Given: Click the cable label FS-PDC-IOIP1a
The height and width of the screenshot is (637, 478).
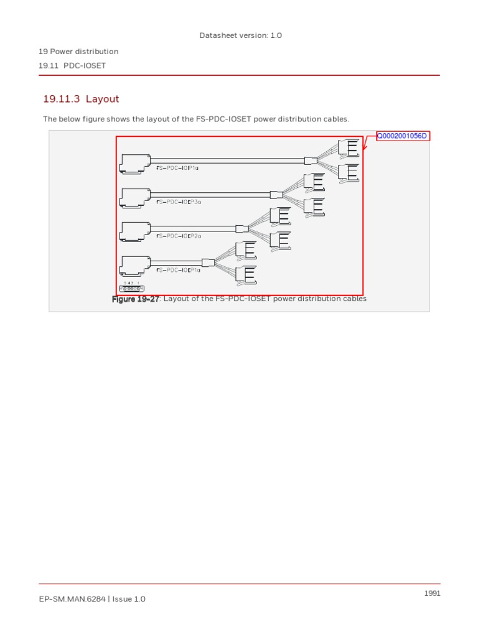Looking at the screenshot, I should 178,168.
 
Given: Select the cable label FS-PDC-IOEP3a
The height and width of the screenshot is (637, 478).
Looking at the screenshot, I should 179,202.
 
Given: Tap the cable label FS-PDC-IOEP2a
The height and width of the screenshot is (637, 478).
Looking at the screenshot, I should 179,236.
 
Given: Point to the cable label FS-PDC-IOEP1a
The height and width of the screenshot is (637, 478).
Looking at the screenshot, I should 179,270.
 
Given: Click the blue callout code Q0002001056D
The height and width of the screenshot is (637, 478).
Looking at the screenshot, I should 403,136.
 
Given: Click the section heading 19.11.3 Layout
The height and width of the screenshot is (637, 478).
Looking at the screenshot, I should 81,99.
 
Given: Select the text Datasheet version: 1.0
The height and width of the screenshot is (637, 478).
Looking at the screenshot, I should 240,35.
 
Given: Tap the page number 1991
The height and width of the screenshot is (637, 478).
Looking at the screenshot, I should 432,593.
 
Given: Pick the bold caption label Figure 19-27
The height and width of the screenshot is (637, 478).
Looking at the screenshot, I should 136,299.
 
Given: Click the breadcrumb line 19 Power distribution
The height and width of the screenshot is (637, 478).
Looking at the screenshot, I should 78,52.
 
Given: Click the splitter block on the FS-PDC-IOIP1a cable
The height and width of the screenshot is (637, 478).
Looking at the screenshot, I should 310,160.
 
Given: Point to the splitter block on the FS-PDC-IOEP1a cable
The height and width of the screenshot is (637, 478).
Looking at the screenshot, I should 208,263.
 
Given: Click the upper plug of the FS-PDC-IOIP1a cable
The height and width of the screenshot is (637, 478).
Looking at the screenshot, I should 348,147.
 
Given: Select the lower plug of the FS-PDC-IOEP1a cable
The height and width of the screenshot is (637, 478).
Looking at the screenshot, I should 246,274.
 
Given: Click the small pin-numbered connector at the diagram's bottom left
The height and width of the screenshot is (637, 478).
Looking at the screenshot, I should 131,288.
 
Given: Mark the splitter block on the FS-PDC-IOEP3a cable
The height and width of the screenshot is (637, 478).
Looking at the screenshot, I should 276,195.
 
